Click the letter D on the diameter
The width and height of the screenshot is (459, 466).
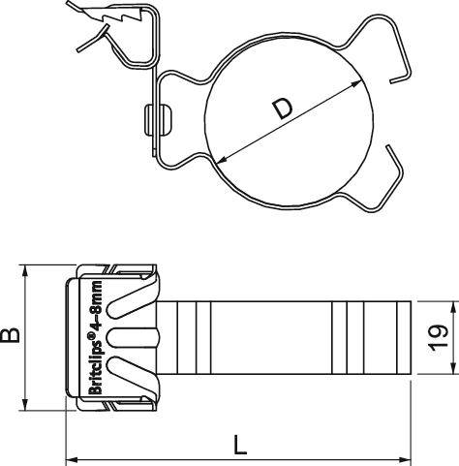[282, 109]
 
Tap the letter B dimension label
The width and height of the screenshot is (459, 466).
[12, 336]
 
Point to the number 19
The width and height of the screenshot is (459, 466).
[442, 338]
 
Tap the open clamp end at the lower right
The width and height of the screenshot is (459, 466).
[391, 155]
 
